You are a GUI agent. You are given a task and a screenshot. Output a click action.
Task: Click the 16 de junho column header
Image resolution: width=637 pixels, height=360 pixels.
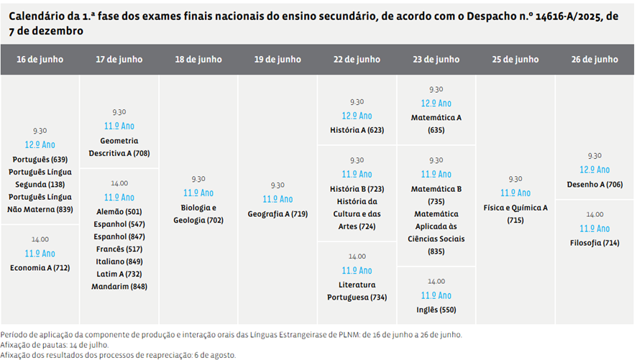[40, 60]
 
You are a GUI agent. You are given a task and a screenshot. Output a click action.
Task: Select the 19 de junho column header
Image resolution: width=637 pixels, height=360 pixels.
[278, 60]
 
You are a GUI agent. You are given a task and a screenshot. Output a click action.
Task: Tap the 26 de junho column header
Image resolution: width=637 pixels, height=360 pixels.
[595, 60]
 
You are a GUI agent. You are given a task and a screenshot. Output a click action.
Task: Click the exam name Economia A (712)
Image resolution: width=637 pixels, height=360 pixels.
[40, 268]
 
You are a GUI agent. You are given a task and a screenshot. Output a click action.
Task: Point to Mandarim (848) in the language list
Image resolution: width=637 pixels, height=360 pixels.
[119, 287]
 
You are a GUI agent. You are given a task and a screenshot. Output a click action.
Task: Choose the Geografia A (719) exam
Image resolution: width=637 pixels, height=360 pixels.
[278, 214]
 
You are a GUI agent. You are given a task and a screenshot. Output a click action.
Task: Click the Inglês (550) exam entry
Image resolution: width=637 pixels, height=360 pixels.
[436, 310]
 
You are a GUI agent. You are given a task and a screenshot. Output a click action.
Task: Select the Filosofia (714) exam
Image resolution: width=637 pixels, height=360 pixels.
[595, 243]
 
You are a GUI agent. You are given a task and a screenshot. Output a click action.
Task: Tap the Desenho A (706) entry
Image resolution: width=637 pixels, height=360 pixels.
[595, 185]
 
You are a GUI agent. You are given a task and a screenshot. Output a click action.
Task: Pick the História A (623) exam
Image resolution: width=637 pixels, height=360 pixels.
[357, 130]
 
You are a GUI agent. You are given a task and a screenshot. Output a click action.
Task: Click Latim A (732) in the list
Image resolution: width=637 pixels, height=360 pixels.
[119, 274]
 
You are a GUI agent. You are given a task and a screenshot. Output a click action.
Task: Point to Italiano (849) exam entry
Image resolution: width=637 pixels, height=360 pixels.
[119, 262]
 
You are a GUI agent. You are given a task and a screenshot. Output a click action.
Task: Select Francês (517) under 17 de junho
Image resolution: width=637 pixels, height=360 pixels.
[119, 249]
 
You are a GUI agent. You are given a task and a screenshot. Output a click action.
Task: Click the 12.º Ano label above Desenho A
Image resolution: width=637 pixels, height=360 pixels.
[595, 170]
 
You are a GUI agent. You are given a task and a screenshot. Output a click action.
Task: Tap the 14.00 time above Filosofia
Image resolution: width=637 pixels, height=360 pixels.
[595, 214]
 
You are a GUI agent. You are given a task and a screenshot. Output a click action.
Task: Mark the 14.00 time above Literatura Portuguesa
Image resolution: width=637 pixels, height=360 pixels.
[357, 257]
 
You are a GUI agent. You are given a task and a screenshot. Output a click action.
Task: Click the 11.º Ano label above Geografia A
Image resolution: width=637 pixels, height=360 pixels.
[278, 199]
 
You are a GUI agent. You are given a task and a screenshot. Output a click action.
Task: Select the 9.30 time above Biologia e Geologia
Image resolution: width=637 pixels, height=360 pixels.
[198, 179]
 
